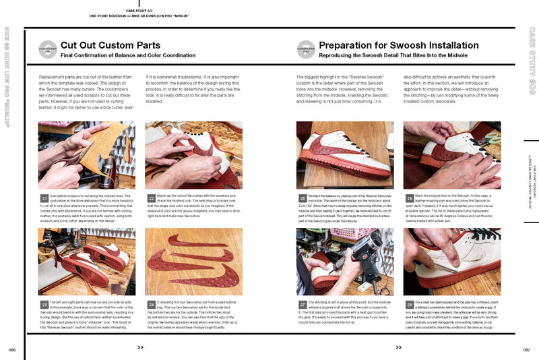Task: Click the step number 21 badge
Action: coord(44,198)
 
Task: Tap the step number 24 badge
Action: coord(151,304)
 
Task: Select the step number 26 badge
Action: coord(409,198)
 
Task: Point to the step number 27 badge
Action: coord(302,304)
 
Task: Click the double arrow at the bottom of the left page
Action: coord(140,347)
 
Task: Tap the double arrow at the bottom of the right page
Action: coord(398,347)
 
